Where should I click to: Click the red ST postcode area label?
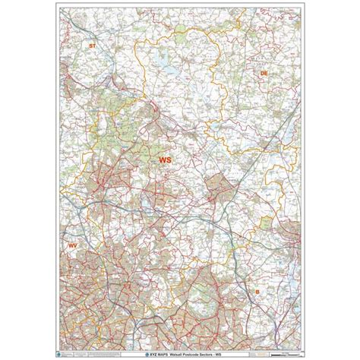pos(93,46)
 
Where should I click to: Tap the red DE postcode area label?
pos(264,72)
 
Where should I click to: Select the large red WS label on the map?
pos(166,160)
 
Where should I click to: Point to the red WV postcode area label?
pos(73,246)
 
